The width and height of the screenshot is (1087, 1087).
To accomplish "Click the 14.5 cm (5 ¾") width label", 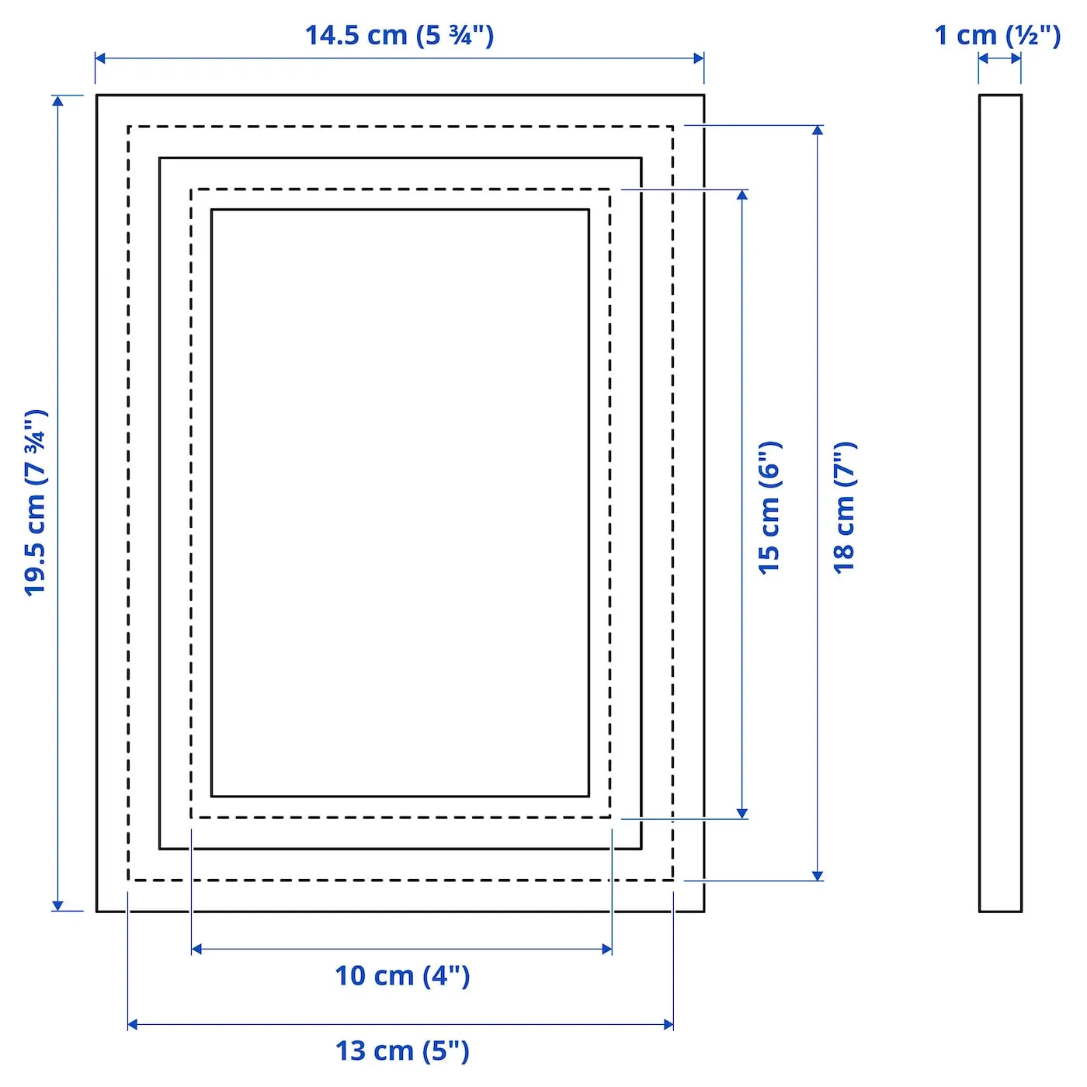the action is click(x=399, y=36).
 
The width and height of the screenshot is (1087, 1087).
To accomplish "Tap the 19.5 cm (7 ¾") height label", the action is click(x=36, y=502).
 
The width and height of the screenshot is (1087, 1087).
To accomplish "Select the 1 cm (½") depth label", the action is click(x=997, y=36).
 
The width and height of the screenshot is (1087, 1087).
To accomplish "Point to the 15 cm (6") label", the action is click(x=769, y=509).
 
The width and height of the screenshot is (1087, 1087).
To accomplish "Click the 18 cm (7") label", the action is click(x=845, y=509).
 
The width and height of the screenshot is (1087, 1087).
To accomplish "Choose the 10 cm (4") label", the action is click(x=402, y=975).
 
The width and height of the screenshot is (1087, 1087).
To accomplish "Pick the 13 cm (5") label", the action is click(x=402, y=1051).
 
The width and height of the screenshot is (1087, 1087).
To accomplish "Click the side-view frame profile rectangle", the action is click(x=979, y=503).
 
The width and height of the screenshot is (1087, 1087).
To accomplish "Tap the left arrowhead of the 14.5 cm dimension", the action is click(x=100, y=58).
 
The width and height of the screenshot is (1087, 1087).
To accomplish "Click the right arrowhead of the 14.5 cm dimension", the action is click(x=698, y=58).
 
